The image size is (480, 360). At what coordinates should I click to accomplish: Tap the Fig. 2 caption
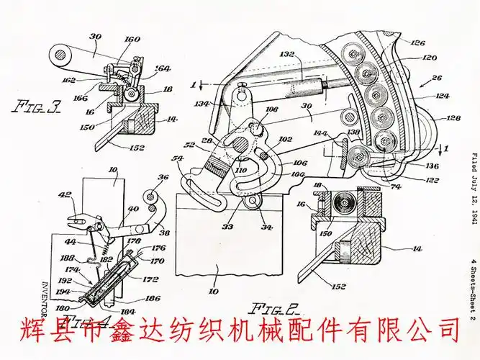tap(276, 310)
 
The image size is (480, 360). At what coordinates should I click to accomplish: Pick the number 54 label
tap(176, 158)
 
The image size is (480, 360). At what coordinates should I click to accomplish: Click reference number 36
tap(163, 179)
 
